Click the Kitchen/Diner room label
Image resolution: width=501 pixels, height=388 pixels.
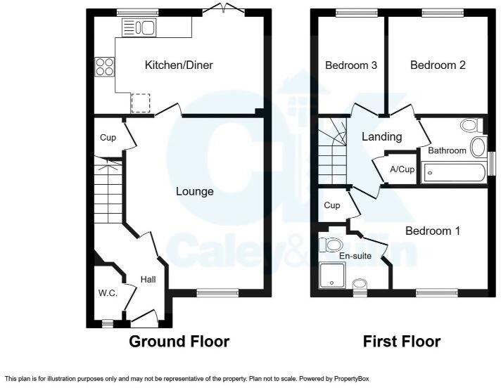pyautogui.click(x=179, y=65)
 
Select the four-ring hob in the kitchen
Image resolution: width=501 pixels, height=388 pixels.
pyautogui.click(x=105, y=66)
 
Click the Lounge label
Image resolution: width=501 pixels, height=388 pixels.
pyautogui.click(x=194, y=191)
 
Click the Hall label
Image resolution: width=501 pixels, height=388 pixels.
pyautogui.click(x=148, y=280)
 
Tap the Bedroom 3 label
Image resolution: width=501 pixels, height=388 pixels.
pyautogui.click(x=351, y=65)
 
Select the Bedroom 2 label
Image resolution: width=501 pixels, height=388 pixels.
pyautogui.click(x=438, y=65)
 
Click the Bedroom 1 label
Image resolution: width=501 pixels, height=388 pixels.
pyautogui.click(x=432, y=231)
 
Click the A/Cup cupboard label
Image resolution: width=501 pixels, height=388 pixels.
pyautogui.click(x=402, y=169)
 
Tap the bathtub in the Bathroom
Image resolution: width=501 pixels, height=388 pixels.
pyautogui.click(x=452, y=172)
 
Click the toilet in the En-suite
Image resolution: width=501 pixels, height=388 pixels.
pyautogui.click(x=331, y=245)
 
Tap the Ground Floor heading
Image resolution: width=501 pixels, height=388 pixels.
pyautogui.click(x=179, y=342)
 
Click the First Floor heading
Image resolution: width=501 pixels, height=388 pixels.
pyautogui.click(x=401, y=342)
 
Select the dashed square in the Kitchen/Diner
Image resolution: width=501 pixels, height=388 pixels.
pyautogui.click(x=140, y=103)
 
